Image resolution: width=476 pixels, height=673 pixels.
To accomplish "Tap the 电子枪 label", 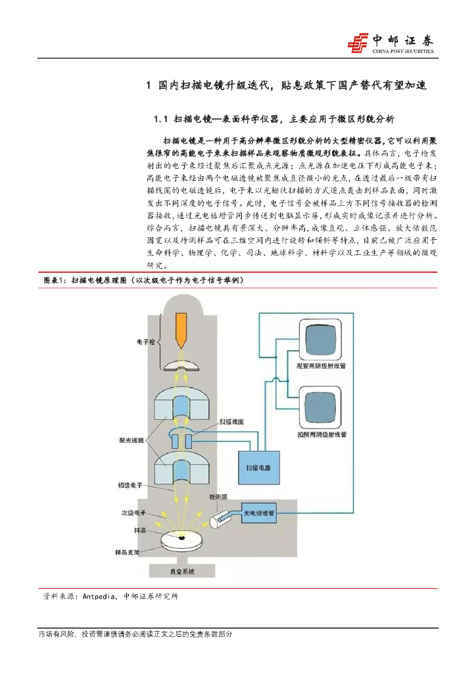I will coord(146,342).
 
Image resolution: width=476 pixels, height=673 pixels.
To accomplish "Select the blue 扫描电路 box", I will coord(257,467).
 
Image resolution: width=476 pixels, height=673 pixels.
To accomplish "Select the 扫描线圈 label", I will coord(232,419).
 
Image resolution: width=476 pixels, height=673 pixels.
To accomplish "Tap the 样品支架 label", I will coord(130,553).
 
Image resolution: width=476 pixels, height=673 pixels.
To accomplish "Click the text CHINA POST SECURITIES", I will coord(403,51).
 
